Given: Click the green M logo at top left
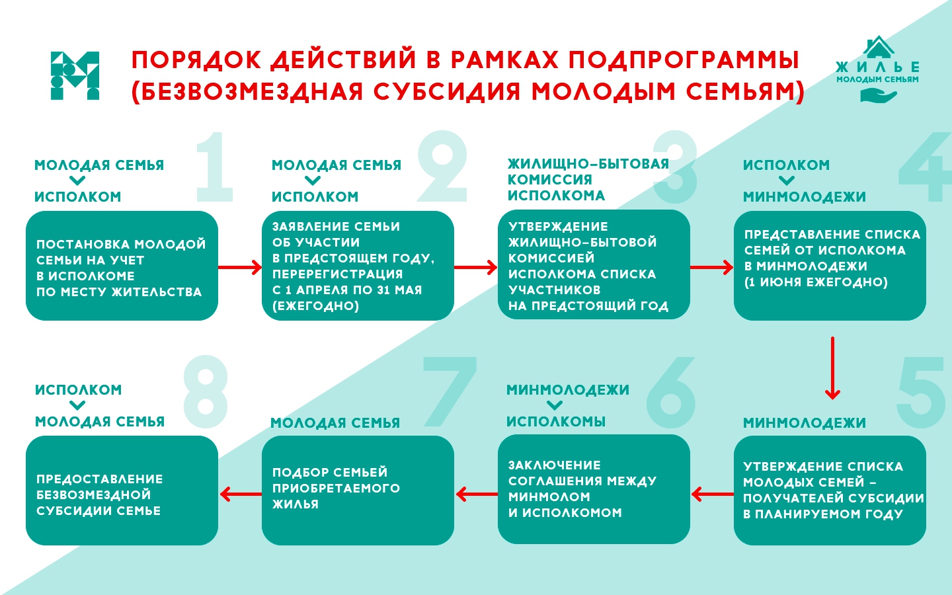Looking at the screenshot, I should coord(75,75).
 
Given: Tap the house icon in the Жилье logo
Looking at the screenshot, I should coord(878,48).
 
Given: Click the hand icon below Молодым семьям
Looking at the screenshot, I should coord(877,96).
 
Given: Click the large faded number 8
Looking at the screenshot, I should coord(206,391).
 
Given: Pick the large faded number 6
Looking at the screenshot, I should coord(671,393).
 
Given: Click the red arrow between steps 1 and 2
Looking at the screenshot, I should coord(239,267).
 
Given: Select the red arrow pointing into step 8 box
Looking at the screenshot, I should coord(239,494).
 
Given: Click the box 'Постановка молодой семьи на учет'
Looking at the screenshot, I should coord(122,266).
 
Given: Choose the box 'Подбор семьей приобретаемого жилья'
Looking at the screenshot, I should coord(358,490).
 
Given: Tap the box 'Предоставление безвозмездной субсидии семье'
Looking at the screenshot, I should coord(122,490).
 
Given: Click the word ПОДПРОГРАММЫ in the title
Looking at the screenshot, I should coord(684,60).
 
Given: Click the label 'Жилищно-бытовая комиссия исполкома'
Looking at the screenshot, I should coord(587,179).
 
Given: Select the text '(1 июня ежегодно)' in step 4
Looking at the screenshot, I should coord(816,282).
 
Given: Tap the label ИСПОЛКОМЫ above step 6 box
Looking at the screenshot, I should coord(555,422).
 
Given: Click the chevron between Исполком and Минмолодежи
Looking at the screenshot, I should coord(786,180).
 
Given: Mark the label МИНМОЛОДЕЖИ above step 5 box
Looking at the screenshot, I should coord(804,423).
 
